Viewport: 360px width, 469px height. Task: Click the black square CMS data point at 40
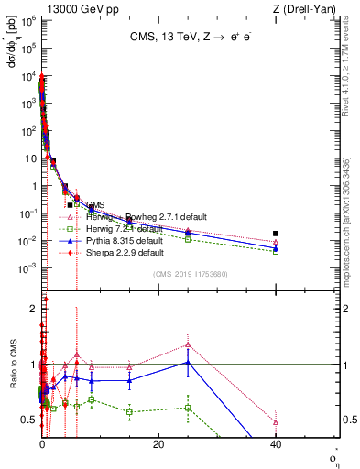coord(276,234)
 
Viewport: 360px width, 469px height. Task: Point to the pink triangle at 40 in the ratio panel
coord(276,422)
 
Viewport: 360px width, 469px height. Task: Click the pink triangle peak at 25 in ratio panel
coord(188,344)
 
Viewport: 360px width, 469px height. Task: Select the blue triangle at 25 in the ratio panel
coord(188,362)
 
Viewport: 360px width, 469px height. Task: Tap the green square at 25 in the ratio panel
coord(188,408)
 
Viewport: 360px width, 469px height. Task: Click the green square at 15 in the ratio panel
coord(130,411)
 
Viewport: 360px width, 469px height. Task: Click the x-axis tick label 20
coord(158,444)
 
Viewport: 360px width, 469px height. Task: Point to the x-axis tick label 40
coord(276,444)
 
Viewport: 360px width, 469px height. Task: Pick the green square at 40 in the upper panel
coord(276,251)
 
